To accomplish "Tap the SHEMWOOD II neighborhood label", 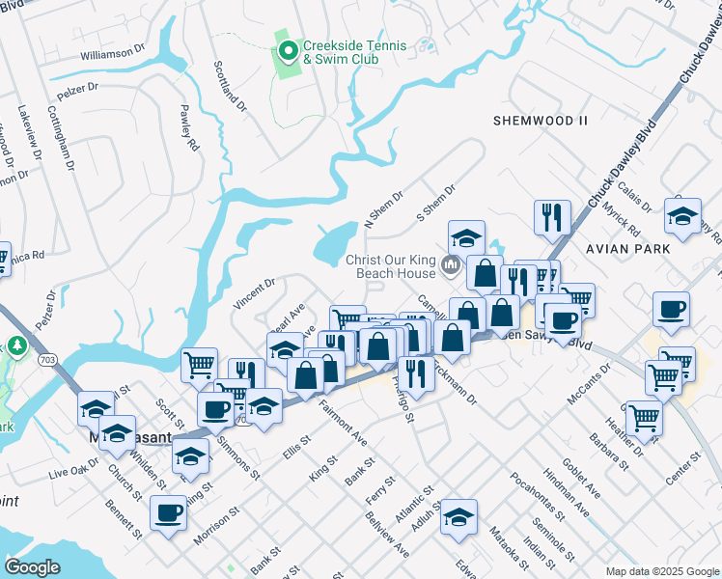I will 540,121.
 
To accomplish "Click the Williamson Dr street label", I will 112,55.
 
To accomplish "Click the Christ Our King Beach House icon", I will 450,264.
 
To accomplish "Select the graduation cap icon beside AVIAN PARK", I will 682,218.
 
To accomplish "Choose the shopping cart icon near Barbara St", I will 644,419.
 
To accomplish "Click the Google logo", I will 33,567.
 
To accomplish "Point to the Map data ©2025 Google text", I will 661,571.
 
